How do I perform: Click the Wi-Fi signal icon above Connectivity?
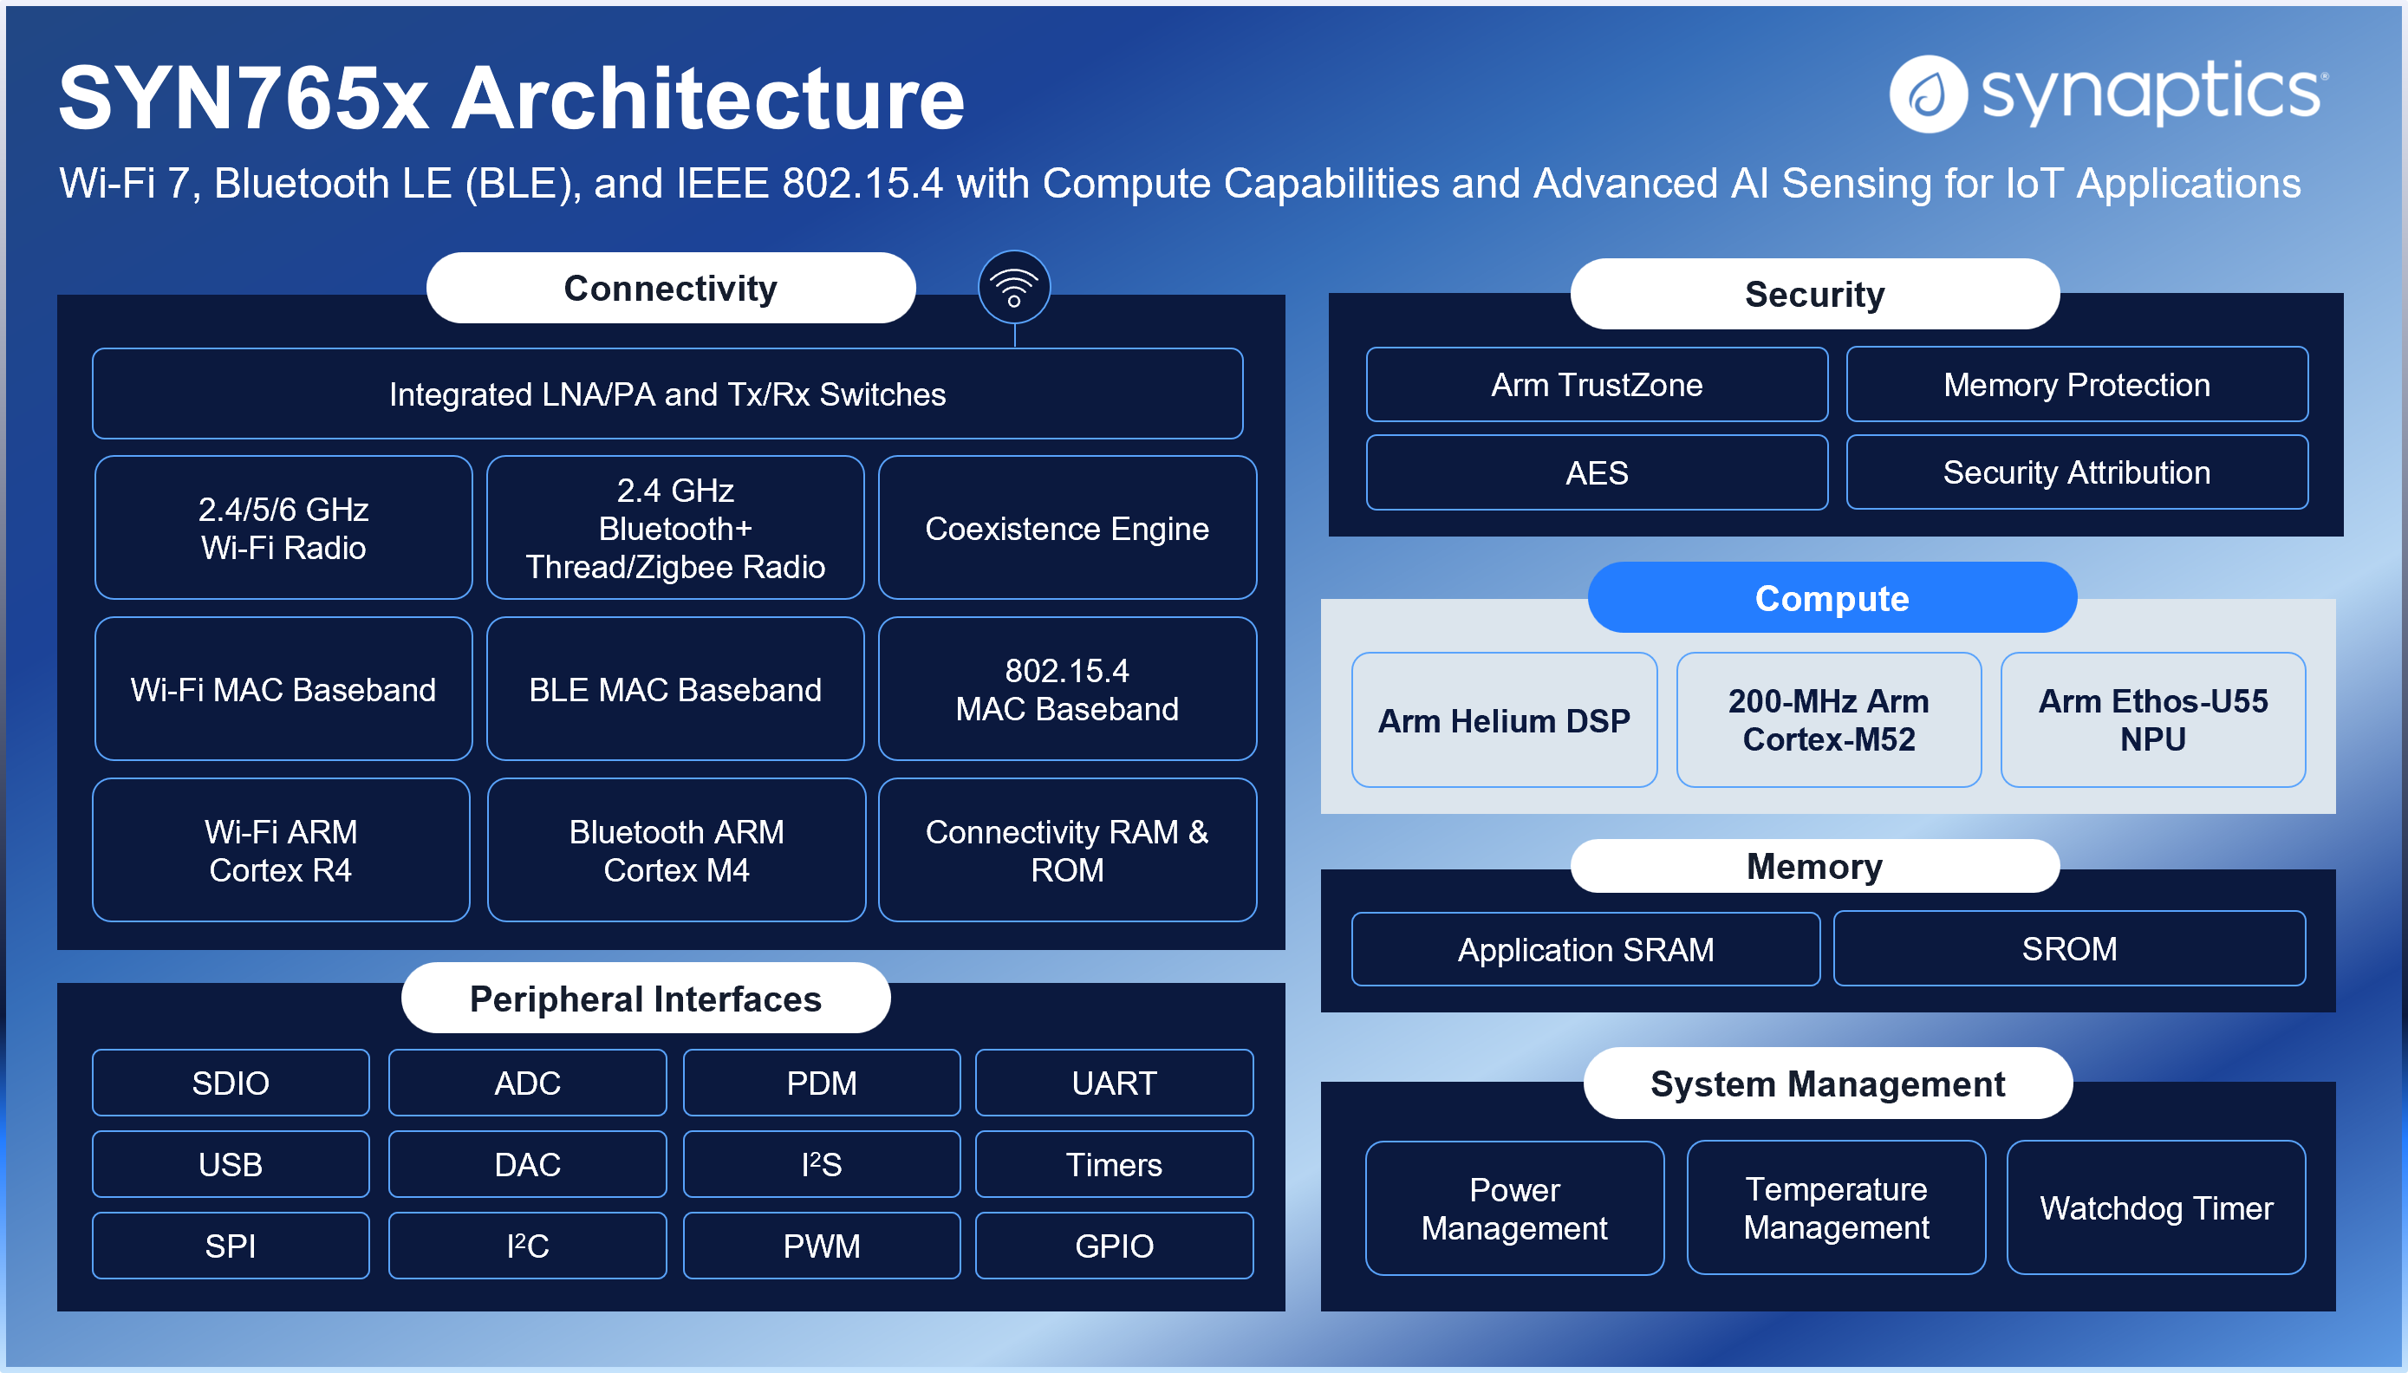1013,287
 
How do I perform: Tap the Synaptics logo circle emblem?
1928,94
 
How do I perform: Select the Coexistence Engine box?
1066,528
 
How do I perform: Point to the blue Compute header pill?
1831,598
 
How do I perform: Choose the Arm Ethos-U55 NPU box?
2152,720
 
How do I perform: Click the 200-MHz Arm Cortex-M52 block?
1828,720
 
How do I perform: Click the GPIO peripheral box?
1114,1246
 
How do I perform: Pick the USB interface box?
230,1165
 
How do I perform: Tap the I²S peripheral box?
821,1165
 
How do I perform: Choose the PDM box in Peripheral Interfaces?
821,1083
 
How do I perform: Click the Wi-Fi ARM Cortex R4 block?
281,850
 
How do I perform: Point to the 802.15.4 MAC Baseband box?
1066,689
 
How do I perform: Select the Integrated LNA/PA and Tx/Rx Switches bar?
667,394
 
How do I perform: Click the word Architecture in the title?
708,98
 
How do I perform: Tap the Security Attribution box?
2076,472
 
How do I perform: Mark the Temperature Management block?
1836,1208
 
